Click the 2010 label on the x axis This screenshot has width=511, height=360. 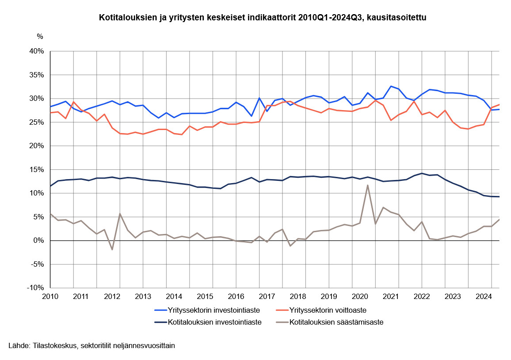pos(50,296)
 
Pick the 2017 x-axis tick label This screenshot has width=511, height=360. pos(267,296)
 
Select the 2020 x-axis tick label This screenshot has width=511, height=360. pos(359,296)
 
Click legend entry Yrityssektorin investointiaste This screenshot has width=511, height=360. pos(214,310)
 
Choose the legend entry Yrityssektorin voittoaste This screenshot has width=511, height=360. pos(328,310)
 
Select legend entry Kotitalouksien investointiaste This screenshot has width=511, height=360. pos(214,322)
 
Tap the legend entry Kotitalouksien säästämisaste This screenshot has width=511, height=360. pos(336,322)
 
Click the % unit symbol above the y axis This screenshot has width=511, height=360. pos(40,36)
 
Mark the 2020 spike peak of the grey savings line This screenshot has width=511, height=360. pos(367,185)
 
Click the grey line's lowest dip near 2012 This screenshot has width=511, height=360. pos(112,249)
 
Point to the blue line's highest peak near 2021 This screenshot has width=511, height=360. pos(391,86)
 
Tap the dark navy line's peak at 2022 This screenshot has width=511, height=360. pos(422,173)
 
